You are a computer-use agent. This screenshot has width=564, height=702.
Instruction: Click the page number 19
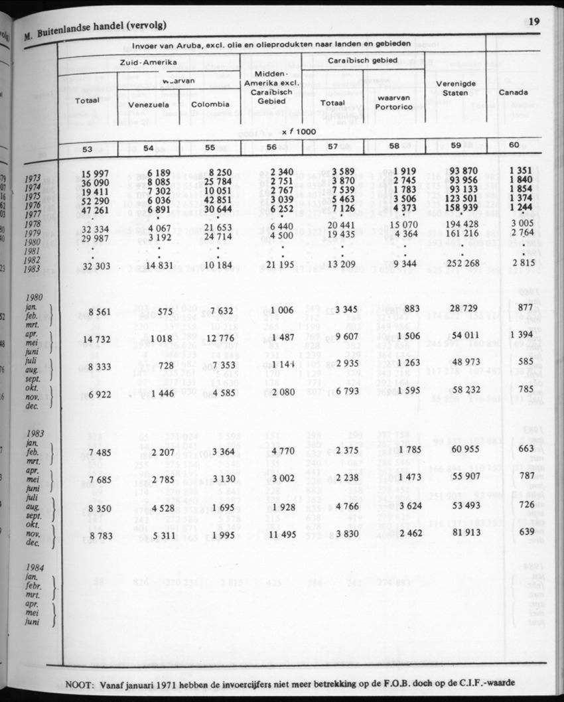click(x=534, y=21)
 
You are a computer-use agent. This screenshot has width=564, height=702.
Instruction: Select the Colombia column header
click(x=210, y=104)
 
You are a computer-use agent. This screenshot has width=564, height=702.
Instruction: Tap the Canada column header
click(x=513, y=92)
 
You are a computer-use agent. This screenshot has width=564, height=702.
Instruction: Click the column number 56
click(x=271, y=148)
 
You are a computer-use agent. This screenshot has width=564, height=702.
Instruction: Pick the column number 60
click(x=514, y=145)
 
